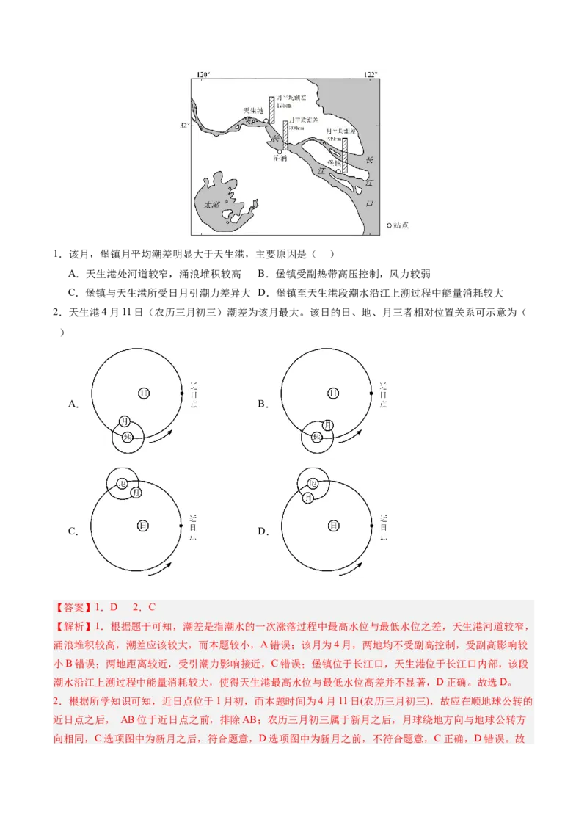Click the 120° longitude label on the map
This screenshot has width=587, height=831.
[x=203, y=75]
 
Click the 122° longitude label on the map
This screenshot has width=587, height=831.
[x=371, y=75]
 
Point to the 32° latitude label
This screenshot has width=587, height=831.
[x=185, y=126]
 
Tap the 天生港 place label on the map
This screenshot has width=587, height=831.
[x=253, y=111]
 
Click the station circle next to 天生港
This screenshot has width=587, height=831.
[x=267, y=120]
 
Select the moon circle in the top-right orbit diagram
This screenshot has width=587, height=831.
[x=327, y=425]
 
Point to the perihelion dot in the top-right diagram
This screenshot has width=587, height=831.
[x=371, y=393]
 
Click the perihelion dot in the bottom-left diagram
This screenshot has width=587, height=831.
[x=181, y=526]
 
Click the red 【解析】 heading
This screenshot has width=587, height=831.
[x=70, y=627]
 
